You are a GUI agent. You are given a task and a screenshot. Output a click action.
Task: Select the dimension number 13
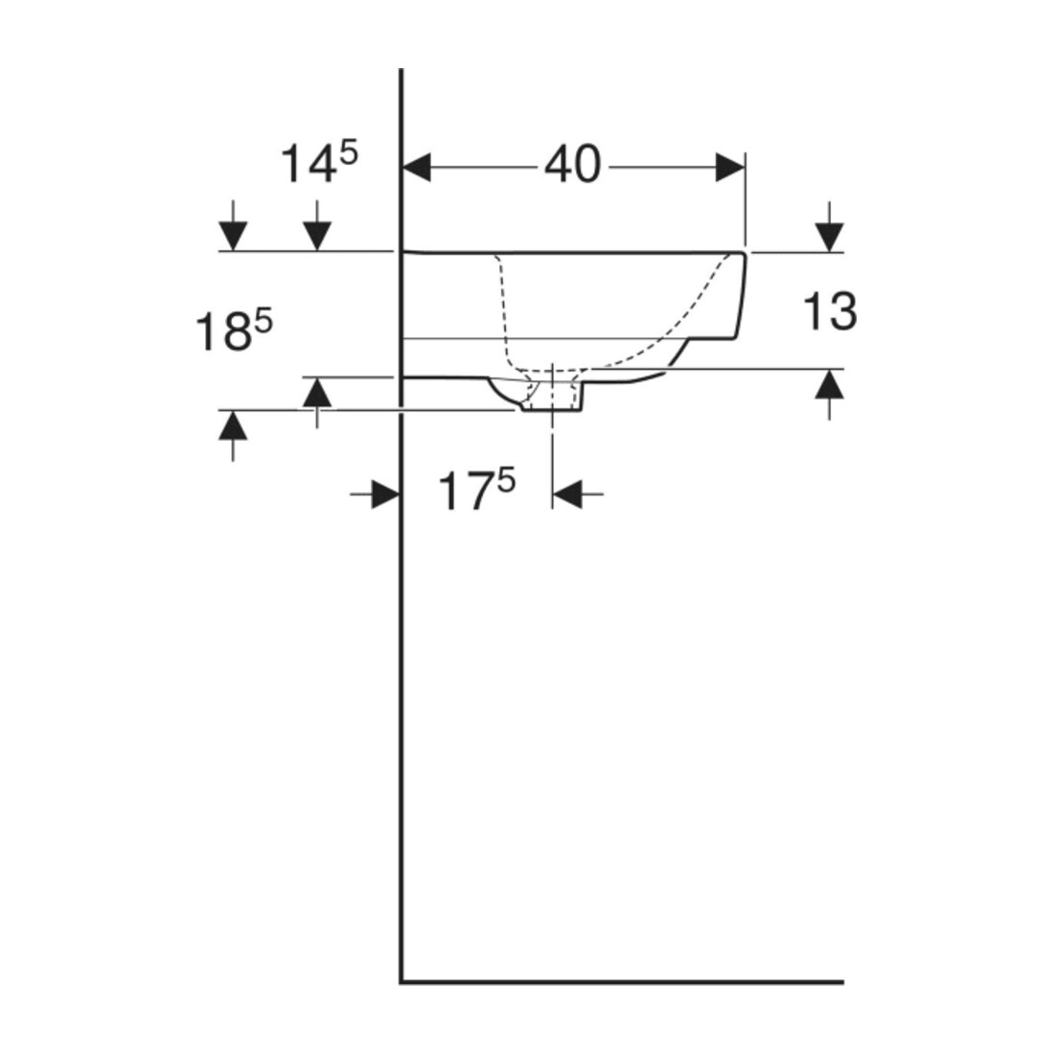pyautogui.click(x=830, y=312)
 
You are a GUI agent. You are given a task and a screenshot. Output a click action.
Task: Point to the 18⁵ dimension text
pyautogui.click(x=233, y=332)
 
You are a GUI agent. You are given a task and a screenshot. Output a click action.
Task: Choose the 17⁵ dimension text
pyautogui.click(x=476, y=491)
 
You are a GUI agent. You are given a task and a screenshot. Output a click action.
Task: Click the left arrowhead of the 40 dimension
pyautogui.click(x=416, y=168)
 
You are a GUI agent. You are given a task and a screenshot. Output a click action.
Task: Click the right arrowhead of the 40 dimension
pyautogui.click(x=730, y=168)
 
